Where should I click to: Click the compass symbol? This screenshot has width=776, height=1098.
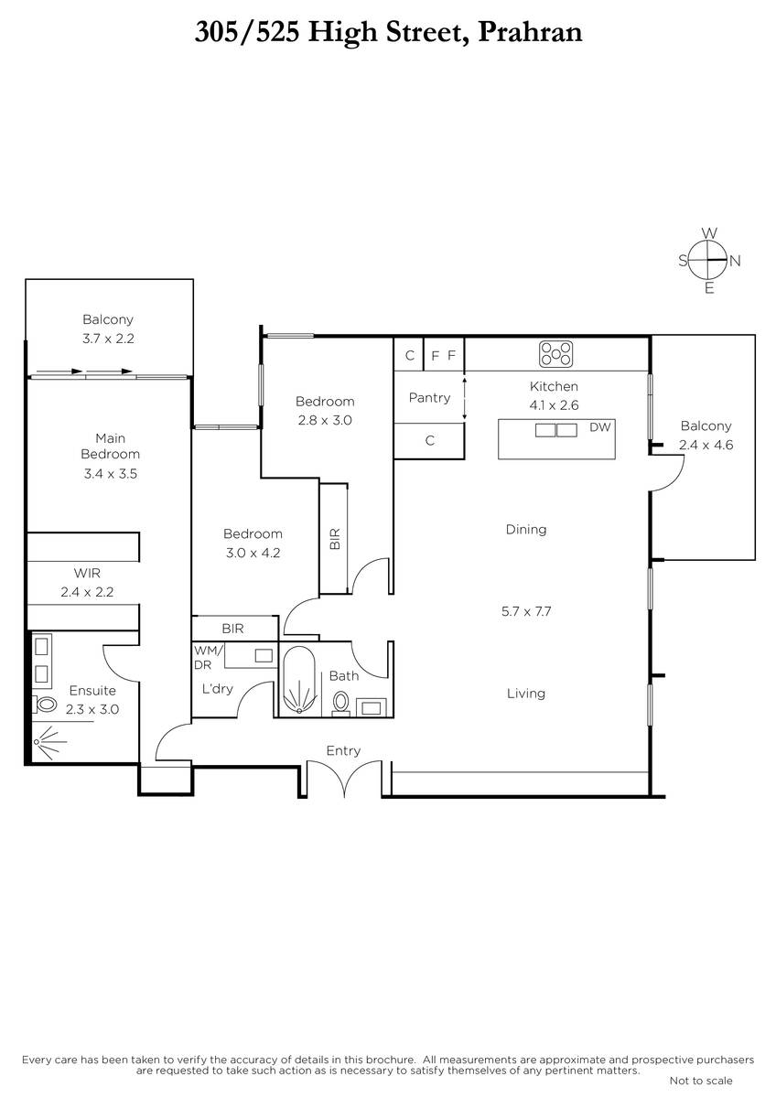point(709,260)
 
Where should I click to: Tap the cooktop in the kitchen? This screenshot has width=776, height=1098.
point(555,354)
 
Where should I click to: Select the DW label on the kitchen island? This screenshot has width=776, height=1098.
point(600,427)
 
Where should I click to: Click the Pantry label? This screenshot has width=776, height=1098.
point(429,397)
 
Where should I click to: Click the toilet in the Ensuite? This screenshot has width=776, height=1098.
point(45,705)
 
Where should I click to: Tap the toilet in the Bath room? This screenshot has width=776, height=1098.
point(340,702)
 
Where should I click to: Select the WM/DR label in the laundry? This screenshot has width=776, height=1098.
point(209,657)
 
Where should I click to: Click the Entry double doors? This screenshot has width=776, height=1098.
point(345,778)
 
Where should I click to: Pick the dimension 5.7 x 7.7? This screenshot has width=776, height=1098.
point(526,611)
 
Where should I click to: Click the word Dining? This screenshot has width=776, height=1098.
point(526,530)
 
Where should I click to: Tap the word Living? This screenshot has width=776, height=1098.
point(526,694)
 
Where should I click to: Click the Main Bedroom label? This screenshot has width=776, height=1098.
point(111,447)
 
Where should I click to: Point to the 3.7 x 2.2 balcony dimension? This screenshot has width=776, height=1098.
point(108,339)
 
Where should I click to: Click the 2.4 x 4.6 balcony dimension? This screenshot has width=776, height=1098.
point(706,445)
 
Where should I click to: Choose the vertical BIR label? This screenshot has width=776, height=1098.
point(335,539)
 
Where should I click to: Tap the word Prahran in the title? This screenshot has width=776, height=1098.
point(530,32)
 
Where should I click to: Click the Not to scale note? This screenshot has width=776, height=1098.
point(701,1080)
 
